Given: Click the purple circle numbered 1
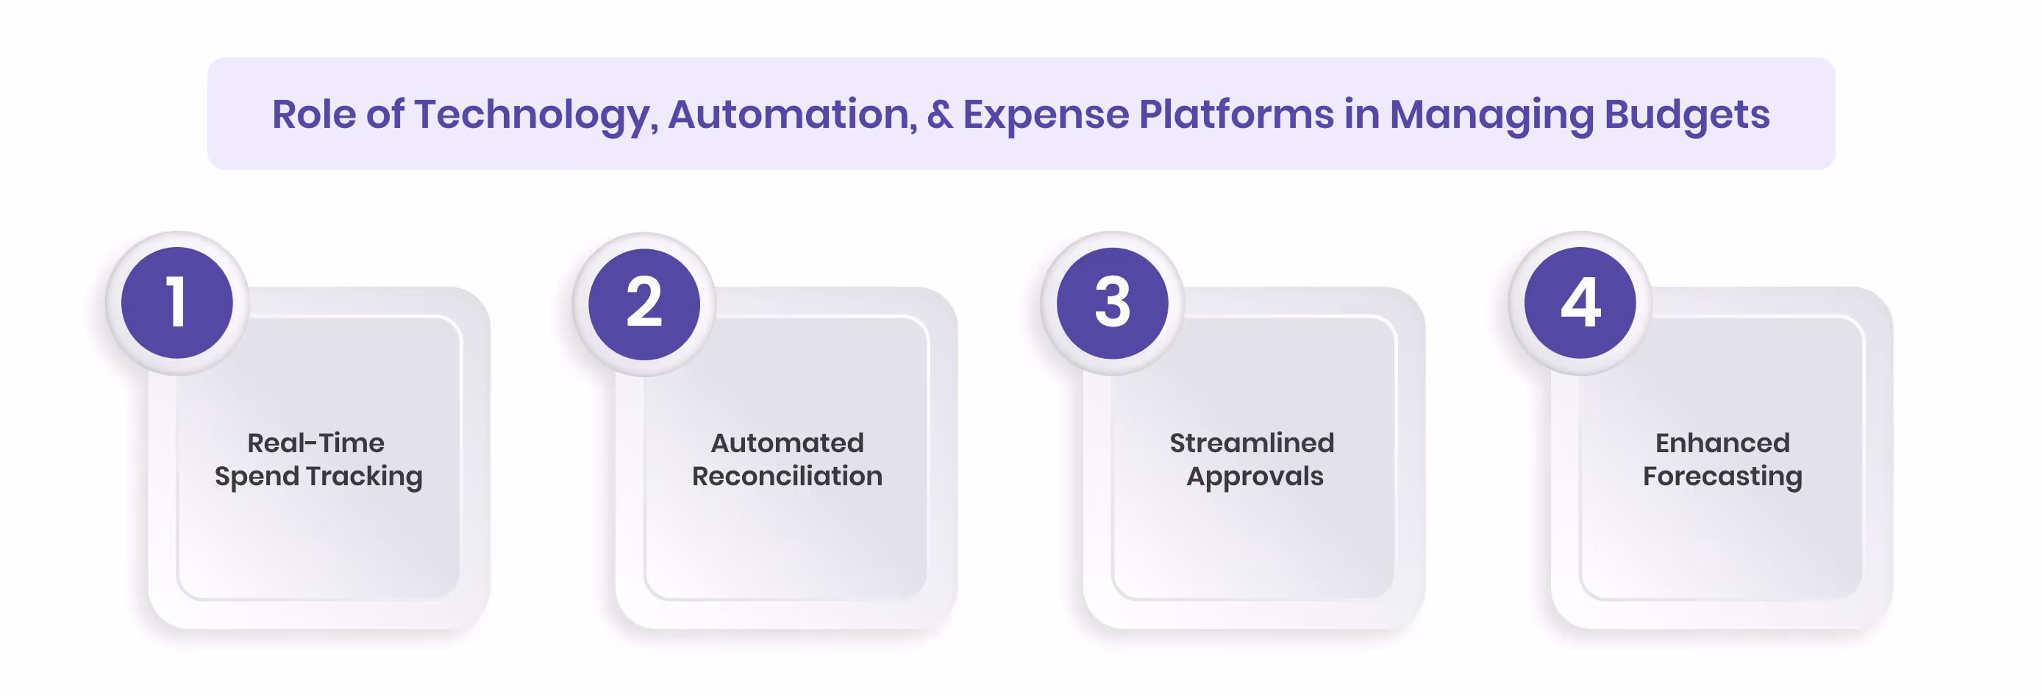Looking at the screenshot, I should (x=177, y=303).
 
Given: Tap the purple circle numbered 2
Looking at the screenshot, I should (x=644, y=304).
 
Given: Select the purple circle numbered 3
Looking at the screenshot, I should (x=1112, y=303).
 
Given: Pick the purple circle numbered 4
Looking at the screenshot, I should (x=1580, y=303).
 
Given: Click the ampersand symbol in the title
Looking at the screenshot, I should (x=940, y=115).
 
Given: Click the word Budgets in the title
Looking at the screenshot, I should (x=1687, y=115).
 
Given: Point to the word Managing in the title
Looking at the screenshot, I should (x=1491, y=115).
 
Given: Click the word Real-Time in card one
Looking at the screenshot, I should (x=315, y=443).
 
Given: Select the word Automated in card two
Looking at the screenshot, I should (x=787, y=443).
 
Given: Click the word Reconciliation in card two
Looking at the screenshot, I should (x=787, y=476).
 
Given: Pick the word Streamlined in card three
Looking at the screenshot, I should (x=1252, y=443).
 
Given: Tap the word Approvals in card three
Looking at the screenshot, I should (x=1255, y=476).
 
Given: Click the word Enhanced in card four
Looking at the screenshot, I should (x=1722, y=443).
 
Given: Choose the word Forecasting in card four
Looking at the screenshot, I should (x=1722, y=476).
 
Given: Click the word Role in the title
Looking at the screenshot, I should (x=314, y=115).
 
